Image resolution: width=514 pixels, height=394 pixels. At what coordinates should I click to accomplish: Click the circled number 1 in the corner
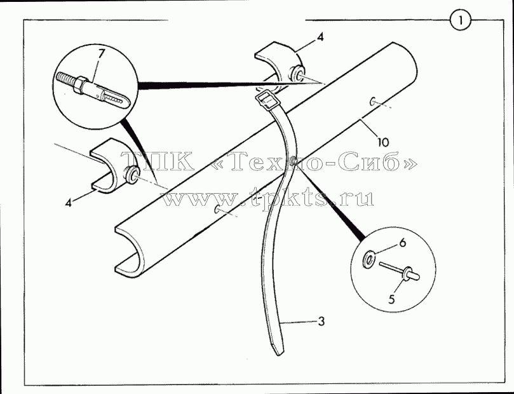point(461,20)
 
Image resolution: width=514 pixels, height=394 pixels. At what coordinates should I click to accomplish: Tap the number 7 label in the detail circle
point(101,53)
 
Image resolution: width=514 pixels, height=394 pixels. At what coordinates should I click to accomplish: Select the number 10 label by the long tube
point(383,142)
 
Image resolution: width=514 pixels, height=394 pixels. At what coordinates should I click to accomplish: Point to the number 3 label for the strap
point(321,321)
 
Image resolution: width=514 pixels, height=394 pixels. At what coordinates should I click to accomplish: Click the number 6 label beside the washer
point(403,243)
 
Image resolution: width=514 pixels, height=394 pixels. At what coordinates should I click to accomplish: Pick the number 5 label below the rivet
point(392,299)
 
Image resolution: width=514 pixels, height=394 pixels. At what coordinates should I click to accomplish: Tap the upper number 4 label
point(320,37)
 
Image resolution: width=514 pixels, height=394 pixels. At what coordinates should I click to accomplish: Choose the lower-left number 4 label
point(68,203)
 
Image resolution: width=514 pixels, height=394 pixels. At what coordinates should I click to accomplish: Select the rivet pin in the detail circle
point(399,271)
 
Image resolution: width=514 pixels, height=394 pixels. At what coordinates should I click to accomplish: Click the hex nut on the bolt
point(80,85)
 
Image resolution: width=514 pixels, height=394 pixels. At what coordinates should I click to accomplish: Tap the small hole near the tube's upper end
point(373,102)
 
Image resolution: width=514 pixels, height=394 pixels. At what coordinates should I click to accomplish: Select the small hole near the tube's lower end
point(217,209)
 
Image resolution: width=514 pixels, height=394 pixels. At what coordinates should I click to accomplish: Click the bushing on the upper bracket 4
point(297,74)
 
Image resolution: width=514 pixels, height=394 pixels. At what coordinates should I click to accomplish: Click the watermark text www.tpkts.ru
point(268,198)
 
